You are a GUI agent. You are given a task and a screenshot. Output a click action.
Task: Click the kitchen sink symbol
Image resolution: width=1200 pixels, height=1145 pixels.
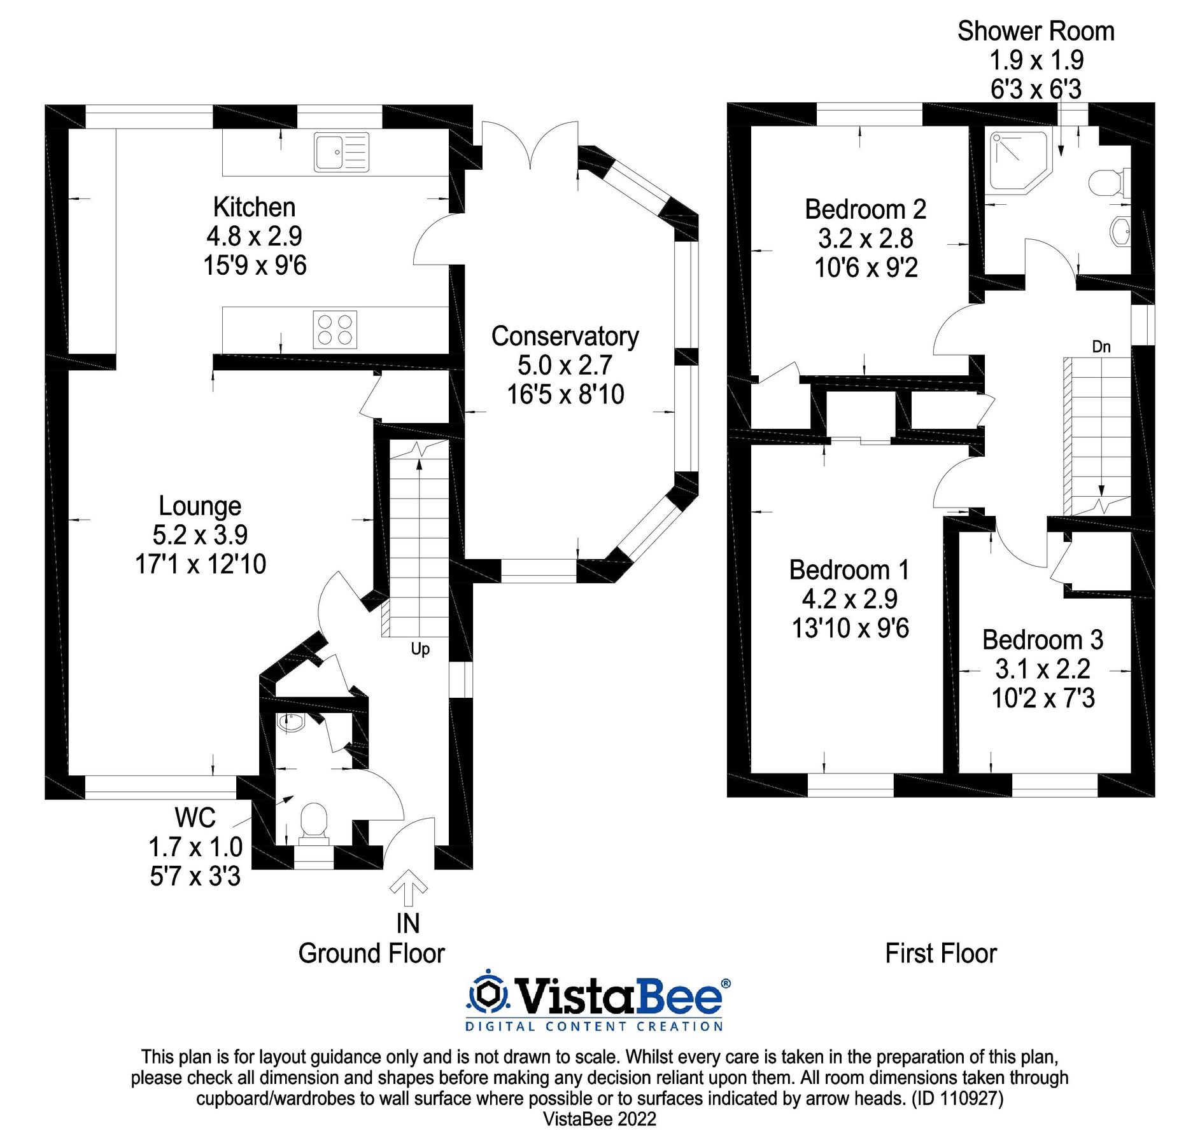[341, 152]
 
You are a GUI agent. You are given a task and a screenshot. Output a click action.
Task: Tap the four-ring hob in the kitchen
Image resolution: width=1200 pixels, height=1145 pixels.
[335, 330]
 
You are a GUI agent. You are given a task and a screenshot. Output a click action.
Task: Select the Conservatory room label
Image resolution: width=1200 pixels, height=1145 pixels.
[565, 337]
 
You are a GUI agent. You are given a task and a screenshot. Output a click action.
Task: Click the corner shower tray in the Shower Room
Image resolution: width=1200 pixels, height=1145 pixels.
[1017, 161]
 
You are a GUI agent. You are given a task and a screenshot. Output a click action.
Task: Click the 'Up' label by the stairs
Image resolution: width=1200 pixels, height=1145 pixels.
[420, 649]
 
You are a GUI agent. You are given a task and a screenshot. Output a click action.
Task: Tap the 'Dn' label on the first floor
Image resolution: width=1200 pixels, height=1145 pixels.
[1101, 347]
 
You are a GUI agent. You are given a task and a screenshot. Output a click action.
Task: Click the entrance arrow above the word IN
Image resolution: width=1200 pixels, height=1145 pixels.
[408, 888]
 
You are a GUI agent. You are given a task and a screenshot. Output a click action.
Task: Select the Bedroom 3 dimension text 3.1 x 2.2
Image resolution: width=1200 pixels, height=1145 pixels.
[1043, 669]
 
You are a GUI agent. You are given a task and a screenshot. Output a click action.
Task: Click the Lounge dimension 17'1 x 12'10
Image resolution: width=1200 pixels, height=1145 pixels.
[201, 564]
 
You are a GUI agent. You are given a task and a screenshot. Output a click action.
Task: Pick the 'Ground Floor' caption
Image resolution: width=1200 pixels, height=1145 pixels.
[371, 954]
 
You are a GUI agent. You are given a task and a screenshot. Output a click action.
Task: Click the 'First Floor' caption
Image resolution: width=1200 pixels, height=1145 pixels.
[940, 954]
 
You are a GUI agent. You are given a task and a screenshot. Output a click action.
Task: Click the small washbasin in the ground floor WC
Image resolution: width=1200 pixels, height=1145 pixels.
[292, 722]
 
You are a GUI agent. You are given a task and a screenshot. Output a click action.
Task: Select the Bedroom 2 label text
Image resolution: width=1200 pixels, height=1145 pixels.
[865, 209]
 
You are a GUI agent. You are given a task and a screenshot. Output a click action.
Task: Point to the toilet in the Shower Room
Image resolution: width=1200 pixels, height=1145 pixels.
[1108, 183]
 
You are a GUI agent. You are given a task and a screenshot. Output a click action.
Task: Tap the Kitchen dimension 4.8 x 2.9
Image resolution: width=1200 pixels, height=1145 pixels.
[254, 237]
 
